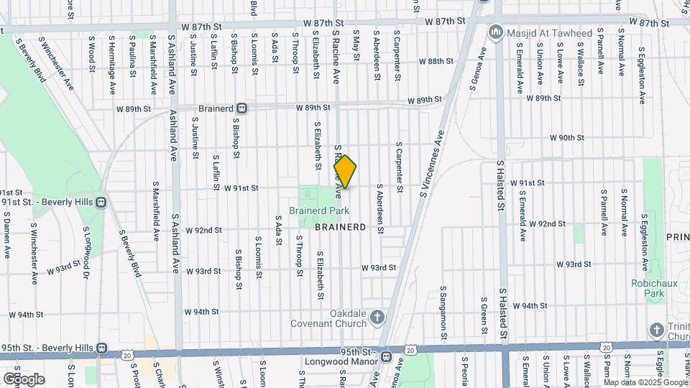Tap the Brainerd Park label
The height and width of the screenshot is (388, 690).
coord(319,211)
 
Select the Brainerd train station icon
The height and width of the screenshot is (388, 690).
coord(242,108)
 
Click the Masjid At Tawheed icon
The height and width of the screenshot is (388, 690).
coord(494,32)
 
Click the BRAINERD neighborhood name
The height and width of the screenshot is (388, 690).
coord(340,226)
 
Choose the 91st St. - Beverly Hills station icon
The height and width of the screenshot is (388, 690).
coord(102,202)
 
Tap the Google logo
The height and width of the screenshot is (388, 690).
coord(23,379)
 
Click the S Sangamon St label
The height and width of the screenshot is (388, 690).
coord(443,313)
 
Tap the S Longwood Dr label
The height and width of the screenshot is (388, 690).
coord(86,252)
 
